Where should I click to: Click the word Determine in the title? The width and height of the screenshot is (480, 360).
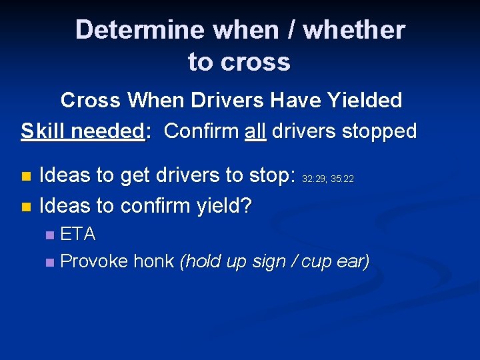click(x=139, y=31)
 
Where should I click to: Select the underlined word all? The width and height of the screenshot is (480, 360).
click(x=255, y=131)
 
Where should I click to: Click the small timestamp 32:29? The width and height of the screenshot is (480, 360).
click(x=314, y=179)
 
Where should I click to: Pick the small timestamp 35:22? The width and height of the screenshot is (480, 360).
click(x=342, y=179)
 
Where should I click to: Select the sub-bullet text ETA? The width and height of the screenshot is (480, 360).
click(x=78, y=234)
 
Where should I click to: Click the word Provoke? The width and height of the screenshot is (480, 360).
click(x=94, y=261)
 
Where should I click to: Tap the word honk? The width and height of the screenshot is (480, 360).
click(x=154, y=261)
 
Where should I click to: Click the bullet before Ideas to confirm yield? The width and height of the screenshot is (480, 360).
click(x=26, y=207)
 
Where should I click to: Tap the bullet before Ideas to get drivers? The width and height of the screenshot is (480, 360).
click(x=26, y=177)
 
